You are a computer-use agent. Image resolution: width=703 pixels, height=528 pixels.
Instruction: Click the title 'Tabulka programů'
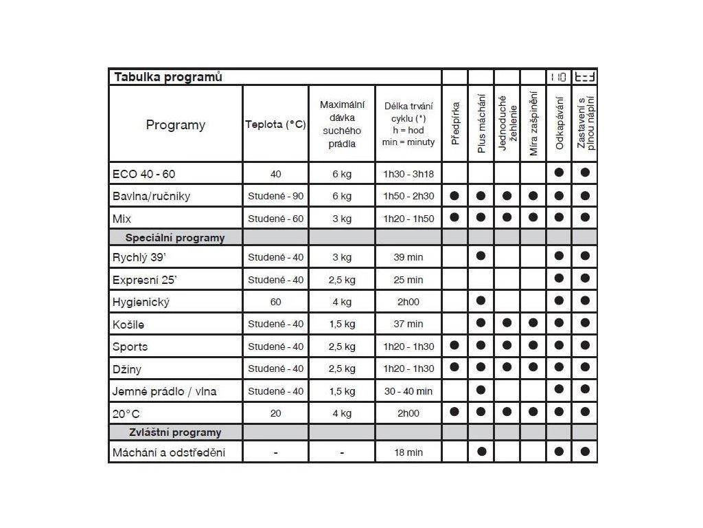(x=168, y=77)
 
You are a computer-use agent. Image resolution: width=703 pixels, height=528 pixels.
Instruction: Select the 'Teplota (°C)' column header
(x=275, y=124)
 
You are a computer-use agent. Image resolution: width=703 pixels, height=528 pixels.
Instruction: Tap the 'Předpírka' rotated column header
(x=454, y=124)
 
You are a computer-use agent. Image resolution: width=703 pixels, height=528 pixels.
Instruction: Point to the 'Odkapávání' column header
(x=559, y=124)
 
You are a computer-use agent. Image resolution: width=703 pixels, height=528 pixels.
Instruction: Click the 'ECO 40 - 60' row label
(x=143, y=173)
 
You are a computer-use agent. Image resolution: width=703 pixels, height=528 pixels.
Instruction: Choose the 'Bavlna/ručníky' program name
(x=151, y=196)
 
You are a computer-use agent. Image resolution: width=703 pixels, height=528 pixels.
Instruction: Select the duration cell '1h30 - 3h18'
(x=408, y=174)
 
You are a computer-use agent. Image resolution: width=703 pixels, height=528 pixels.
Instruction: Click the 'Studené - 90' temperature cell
(x=275, y=196)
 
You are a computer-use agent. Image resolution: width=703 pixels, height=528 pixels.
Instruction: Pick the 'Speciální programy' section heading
(x=174, y=238)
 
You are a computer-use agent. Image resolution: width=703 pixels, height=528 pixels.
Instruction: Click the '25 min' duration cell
(x=408, y=280)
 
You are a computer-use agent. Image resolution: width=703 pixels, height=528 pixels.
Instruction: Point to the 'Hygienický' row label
(x=141, y=302)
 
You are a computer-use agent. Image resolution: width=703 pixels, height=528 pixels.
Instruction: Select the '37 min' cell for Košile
(x=408, y=324)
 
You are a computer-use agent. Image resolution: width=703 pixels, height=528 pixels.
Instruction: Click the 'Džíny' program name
(x=127, y=368)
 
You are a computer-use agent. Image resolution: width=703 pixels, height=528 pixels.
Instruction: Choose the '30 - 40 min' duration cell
(x=408, y=391)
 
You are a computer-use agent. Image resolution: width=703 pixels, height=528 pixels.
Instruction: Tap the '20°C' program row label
(x=126, y=413)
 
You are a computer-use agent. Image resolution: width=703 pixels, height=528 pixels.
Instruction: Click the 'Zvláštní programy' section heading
(x=175, y=432)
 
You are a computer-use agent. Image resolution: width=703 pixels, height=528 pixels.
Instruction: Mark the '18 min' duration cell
(x=408, y=452)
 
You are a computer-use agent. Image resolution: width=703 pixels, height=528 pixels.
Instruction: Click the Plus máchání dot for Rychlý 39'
(x=481, y=256)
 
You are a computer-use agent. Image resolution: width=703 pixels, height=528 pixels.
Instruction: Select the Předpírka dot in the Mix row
(x=454, y=217)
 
